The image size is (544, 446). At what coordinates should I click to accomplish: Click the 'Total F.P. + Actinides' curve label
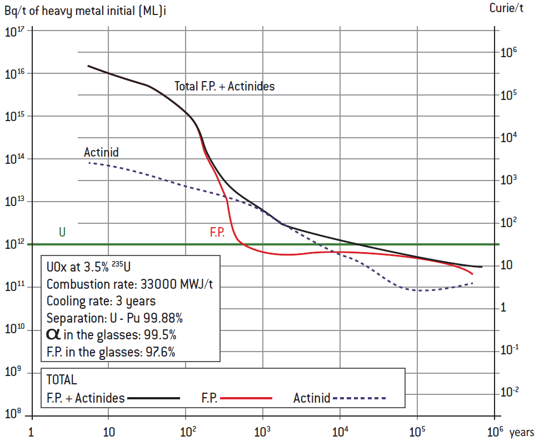tap(224, 86)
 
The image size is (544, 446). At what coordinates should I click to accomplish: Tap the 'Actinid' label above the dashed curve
tap(101, 152)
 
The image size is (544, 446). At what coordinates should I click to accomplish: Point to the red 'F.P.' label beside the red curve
tap(217, 233)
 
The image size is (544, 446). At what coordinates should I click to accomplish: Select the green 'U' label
tap(62, 232)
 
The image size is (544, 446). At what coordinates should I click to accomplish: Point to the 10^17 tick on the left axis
tap(16, 32)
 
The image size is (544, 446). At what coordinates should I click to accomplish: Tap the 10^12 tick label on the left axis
tap(16, 244)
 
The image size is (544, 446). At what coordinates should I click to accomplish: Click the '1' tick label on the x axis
tap(32, 432)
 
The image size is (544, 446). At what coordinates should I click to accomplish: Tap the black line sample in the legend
tap(154, 398)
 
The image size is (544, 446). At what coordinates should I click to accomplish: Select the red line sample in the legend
tap(248, 398)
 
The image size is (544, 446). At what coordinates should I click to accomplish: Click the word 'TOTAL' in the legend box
tap(62, 380)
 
